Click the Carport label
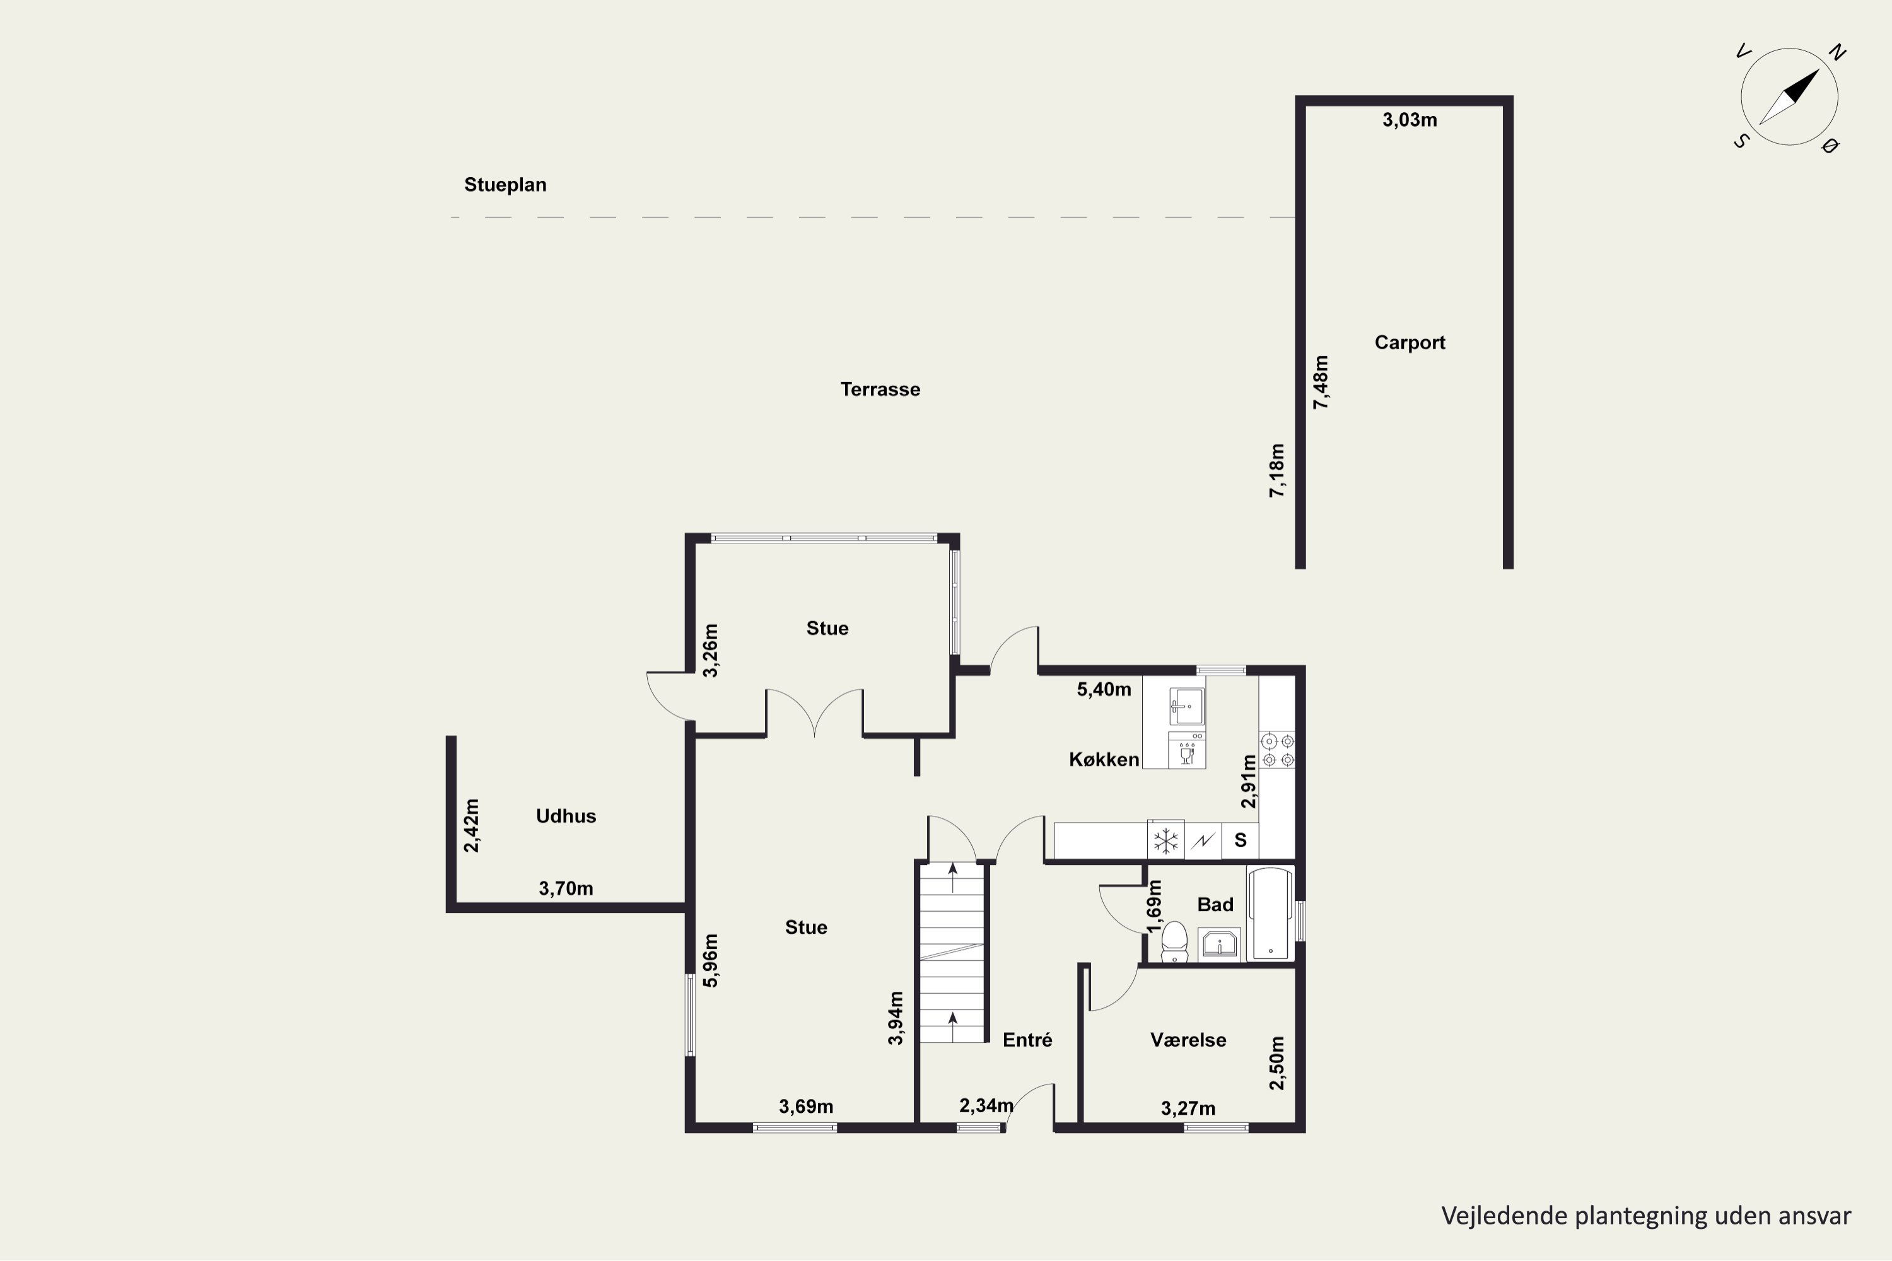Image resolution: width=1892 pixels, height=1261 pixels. tap(1410, 342)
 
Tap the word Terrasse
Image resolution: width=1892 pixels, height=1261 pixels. tap(880, 389)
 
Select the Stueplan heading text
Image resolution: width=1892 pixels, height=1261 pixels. tap(505, 185)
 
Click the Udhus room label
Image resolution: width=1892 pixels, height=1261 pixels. tap(566, 816)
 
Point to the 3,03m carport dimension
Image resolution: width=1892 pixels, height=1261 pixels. tap(1410, 120)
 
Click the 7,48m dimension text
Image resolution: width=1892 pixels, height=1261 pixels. tap(1321, 382)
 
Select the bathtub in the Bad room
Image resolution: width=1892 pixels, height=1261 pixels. tap(1270, 914)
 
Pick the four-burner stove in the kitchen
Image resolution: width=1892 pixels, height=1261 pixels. tap(1278, 750)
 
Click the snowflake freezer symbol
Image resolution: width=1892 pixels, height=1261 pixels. tap(1165, 841)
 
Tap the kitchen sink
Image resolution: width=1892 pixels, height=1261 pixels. tap(1186, 706)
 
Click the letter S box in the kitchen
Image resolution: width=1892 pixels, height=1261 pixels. tap(1241, 840)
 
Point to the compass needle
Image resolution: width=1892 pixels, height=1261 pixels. tap(1789, 96)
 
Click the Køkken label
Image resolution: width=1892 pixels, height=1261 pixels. tap(1104, 760)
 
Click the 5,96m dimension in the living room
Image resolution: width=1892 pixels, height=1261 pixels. tap(710, 960)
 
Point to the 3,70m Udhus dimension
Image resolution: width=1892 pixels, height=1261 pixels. tap(566, 888)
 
